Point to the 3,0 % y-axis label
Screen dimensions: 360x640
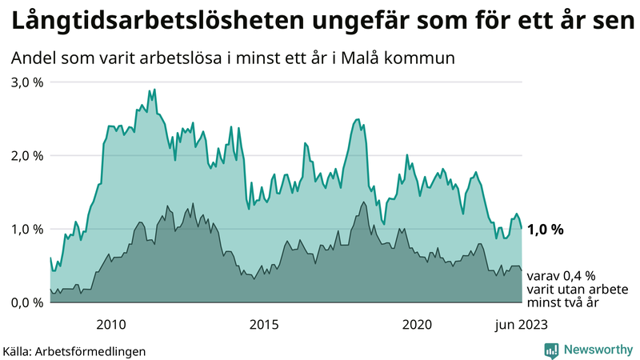tap(26, 82)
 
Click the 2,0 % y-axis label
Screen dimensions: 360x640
tap(26, 155)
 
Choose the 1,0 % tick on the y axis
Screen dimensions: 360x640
tap(26, 229)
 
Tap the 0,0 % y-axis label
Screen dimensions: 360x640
tap(26, 302)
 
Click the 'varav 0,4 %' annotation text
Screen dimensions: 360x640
tap(560, 275)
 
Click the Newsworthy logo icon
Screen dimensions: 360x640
tap(551, 350)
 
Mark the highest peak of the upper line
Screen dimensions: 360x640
tap(154, 90)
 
